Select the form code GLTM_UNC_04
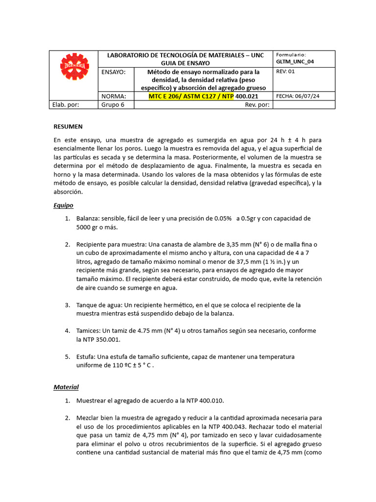[x=295, y=62]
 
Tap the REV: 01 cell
[x=286, y=72]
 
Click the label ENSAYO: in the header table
[x=114, y=72]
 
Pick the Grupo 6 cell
[x=113, y=104]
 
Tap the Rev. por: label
[x=257, y=104]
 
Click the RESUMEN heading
[x=68, y=126]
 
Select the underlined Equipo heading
[x=63, y=205]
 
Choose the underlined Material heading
[x=66, y=387]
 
